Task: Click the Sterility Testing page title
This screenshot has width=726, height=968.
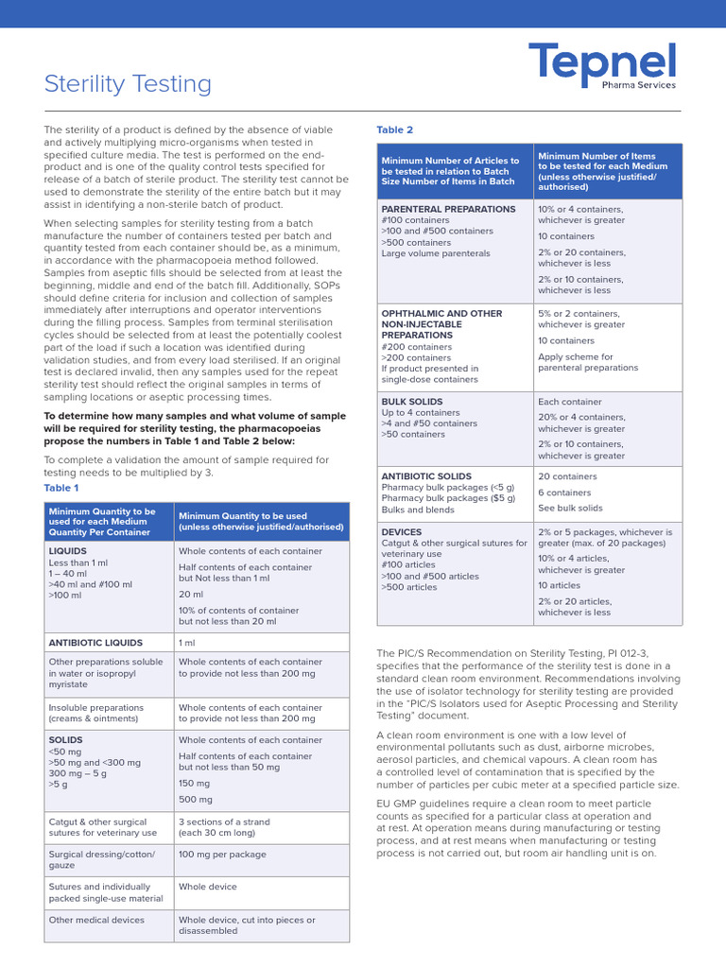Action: (x=128, y=84)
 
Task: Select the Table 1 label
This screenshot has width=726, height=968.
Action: (x=61, y=488)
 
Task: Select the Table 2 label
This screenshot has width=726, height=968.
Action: (x=394, y=130)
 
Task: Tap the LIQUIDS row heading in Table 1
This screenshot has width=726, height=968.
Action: (x=67, y=550)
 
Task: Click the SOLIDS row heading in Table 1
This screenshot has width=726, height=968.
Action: (x=65, y=740)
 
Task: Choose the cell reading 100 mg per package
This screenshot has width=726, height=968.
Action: (x=224, y=854)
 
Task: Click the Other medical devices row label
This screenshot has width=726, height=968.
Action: (x=96, y=920)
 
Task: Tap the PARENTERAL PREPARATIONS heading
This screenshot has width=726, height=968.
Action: (x=448, y=209)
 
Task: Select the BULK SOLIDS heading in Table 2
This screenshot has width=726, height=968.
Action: (x=411, y=402)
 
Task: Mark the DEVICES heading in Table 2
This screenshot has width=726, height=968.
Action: (x=402, y=532)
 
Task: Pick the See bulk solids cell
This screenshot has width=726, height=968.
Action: (x=570, y=509)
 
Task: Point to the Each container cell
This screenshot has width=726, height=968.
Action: (x=570, y=402)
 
